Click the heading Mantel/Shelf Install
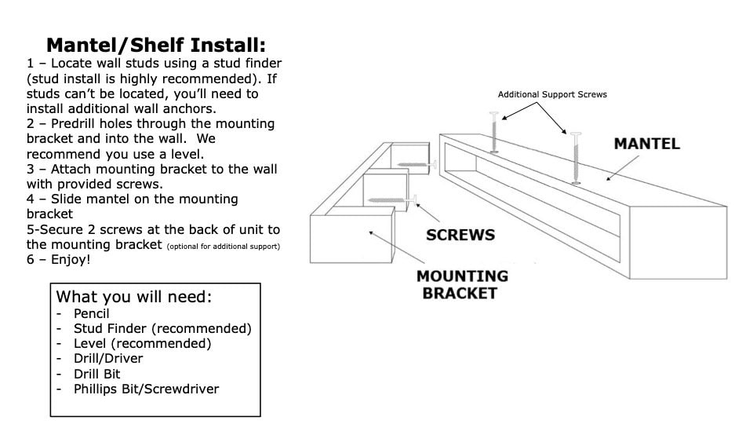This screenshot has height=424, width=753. pyautogui.click(x=156, y=46)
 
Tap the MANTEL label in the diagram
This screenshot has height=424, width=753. pyautogui.click(x=647, y=144)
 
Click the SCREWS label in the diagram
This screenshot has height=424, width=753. pyautogui.click(x=460, y=235)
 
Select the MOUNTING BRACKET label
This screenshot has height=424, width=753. pyautogui.click(x=462, y=284)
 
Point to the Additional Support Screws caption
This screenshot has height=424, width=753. pyautogui.click(x=552, y=95)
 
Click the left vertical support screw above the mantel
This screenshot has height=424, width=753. pyautogui.click(x=494, y=132)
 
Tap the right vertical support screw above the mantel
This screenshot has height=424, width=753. pyautogui.click(x=576, y=158)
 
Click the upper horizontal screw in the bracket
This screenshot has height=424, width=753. pyautogui.click(x=417, y=165)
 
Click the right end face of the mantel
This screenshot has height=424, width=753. pyautogui.click(x=678, y=243)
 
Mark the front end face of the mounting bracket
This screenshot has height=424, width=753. pyautogui.click(x=351, y=239)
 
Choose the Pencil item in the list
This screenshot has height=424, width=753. pyautogui.click(x=91, y=314)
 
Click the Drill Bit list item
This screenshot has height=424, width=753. pyautogui.click(x=96, y=374)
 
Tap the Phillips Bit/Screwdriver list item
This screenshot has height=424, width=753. pyautogui.click(x=146, y=389)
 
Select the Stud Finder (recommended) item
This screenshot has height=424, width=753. pyautogui.click(x=162, y=329)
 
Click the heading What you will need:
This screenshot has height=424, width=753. pyautogui.click(x=134, y=297)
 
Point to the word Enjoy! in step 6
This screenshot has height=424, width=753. pyautogui.click(x=71, y=260)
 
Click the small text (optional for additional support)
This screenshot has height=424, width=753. pyautogui.click(x=224, y=247)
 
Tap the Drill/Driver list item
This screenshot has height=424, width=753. pyautogui.click(x=108, y=359)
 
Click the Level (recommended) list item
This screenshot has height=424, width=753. pyautogui.click(x=142, y=344)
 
